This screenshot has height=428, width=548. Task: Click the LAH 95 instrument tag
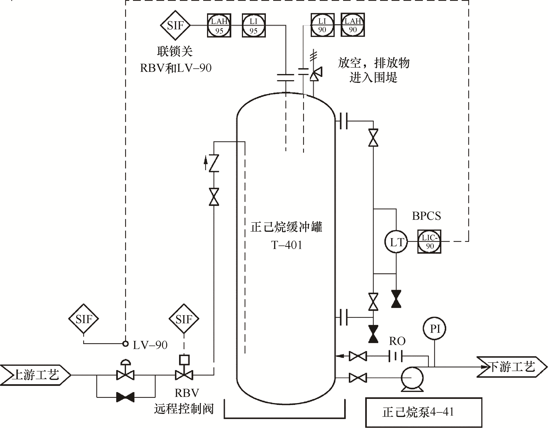(x=219, y=25)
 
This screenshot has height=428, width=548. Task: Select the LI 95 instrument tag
(x=254, y=25)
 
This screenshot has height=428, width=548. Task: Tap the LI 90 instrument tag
(x=322, y=25)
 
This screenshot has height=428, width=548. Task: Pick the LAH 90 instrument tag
(x=353, y=25)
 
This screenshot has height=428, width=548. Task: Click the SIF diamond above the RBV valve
(x=184, y=319)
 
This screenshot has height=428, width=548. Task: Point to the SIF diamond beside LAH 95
(x=175, y=25)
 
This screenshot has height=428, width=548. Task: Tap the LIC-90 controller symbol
(x=429, y=242)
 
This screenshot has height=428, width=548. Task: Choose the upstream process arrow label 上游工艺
(x=35, y=375)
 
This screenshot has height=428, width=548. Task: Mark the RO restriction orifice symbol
(x=396, y=356)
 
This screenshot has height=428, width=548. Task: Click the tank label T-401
(x=286, y=245)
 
